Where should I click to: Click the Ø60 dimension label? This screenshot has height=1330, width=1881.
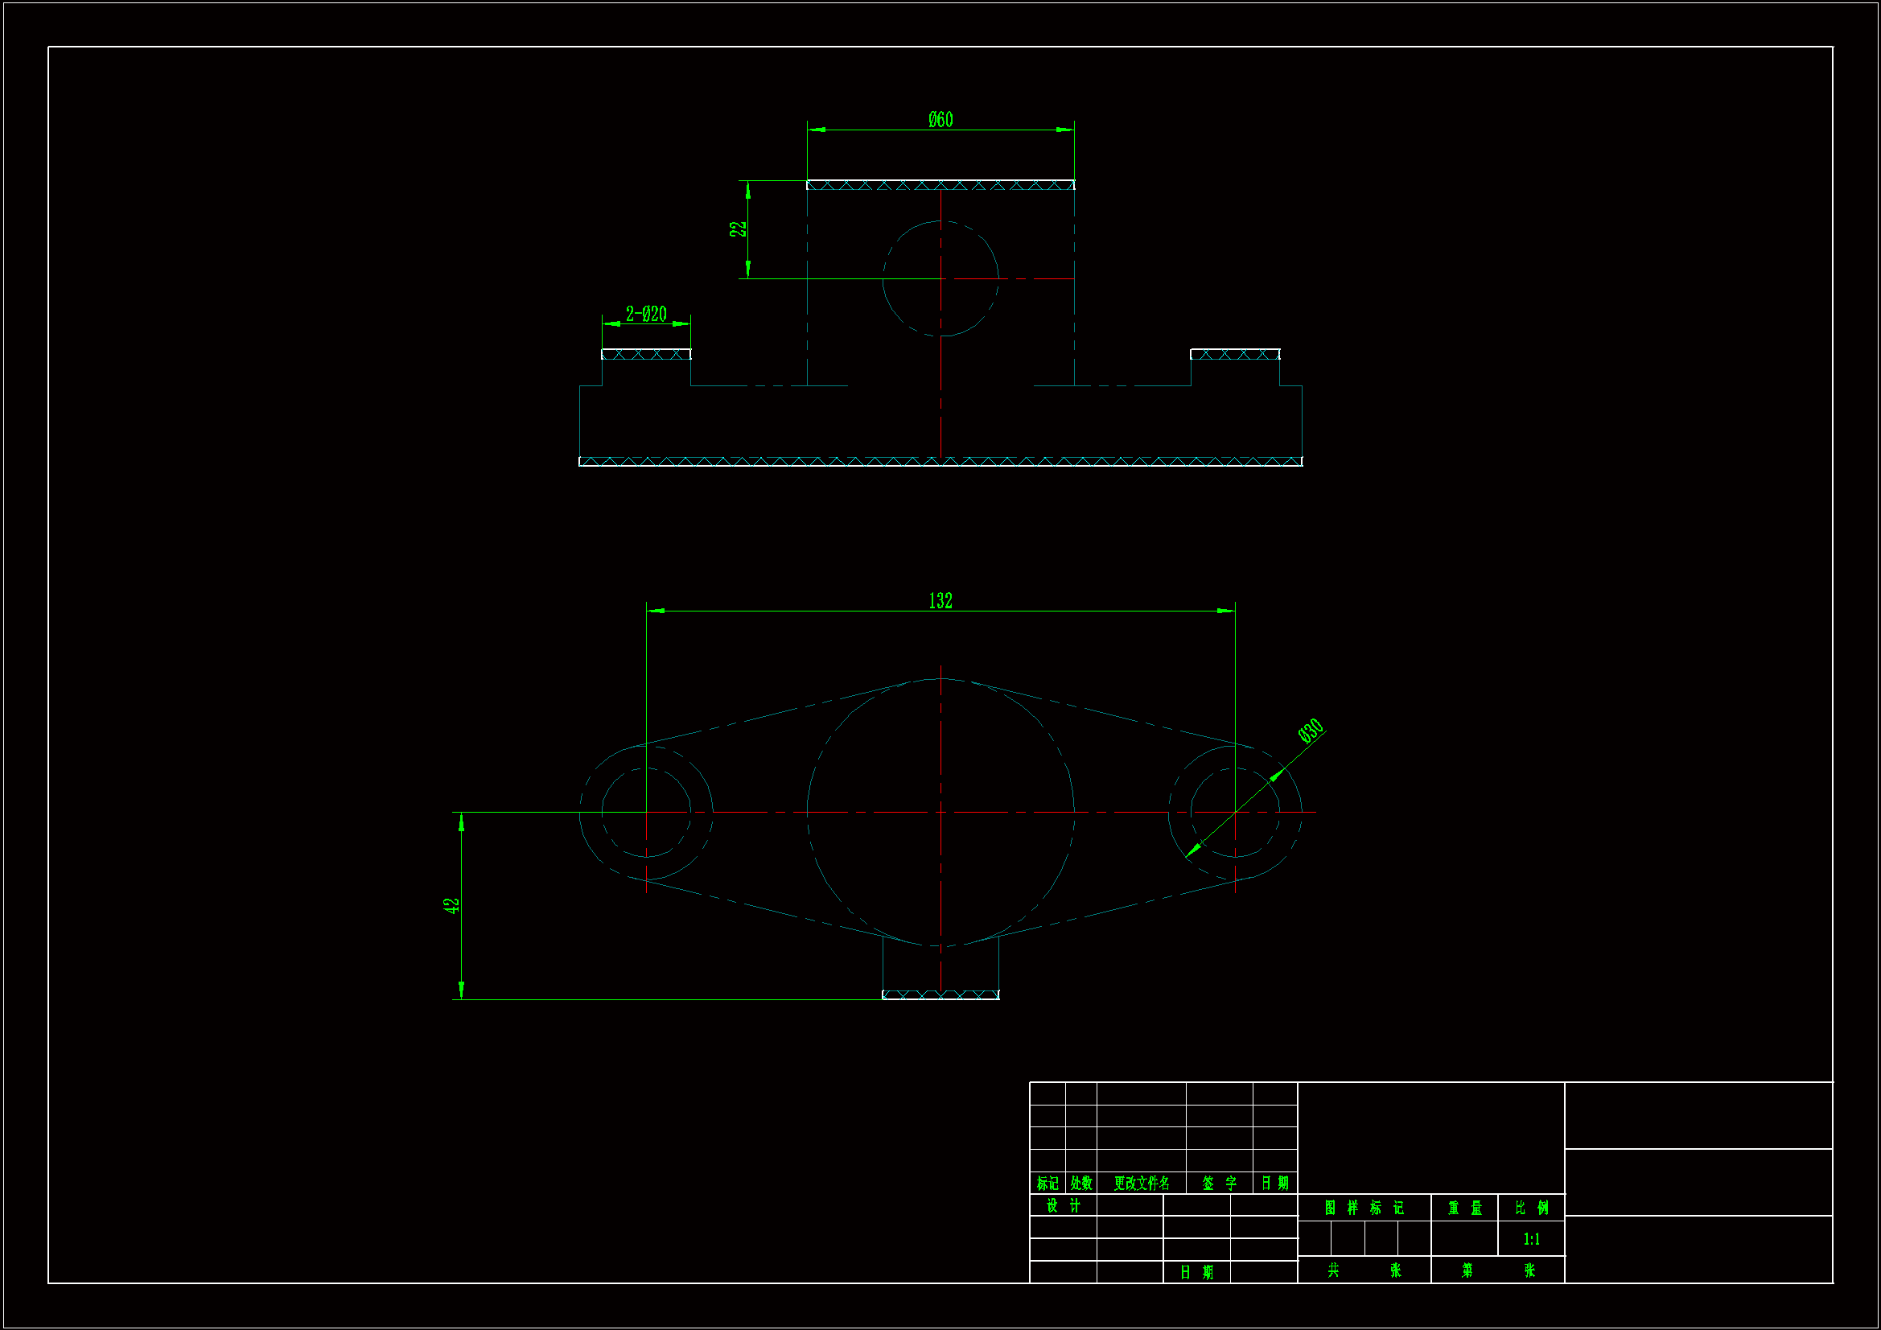click(940, 120)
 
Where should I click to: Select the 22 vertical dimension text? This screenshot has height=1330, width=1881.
click(738, 229)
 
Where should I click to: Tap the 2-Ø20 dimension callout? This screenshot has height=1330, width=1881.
click(645, 314)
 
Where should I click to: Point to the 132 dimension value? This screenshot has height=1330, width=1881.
click(940, 601)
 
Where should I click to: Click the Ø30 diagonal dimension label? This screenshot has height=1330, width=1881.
click(1310, 730)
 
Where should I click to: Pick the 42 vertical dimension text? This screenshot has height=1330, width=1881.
click(451, 905)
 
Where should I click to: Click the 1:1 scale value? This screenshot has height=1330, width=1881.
click(1531, 1239)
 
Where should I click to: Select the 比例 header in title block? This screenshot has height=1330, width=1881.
click(1531, 1208)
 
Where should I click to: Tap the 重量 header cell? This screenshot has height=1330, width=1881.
click(1465, 1208)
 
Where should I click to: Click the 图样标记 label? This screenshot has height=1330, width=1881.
click(1364, 1208)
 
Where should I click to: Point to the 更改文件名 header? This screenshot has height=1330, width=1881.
click(1141, 1184)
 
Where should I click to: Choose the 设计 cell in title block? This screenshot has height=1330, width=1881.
click(1064, 1205)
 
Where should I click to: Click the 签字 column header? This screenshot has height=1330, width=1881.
click(1219, 1184)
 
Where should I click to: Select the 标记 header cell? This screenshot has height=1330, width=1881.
click(1047, 1184)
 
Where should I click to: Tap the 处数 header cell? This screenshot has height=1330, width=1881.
click(1081, 1184)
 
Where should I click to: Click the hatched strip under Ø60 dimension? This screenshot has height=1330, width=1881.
click(940, 185)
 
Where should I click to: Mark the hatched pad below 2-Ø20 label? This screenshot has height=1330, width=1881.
click(645, 354)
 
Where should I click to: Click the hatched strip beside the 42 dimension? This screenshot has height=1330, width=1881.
click(940, 994)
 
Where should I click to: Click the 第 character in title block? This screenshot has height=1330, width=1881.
click(1467, 1270)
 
